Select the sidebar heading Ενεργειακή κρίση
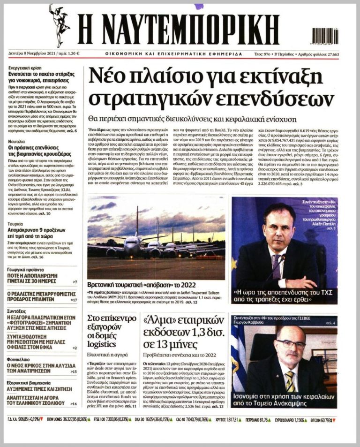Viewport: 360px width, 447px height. [24, 68]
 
